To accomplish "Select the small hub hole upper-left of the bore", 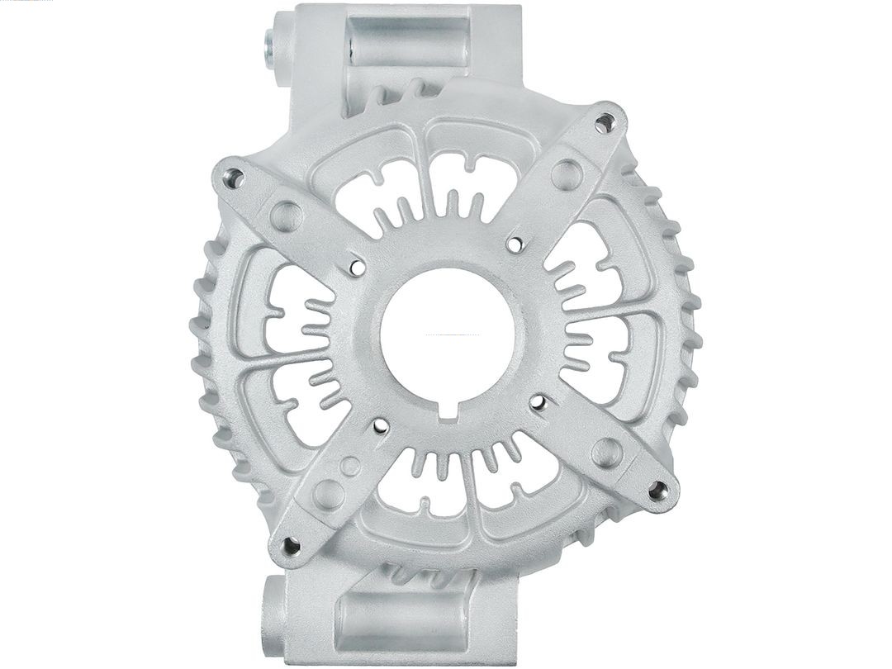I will click(358, 266).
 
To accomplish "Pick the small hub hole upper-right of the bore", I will click(515, 244).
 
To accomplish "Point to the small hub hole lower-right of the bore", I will click(538, 402).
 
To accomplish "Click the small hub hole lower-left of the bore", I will click(381, 426).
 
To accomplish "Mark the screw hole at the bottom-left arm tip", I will click(291, 545).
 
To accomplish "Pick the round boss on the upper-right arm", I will click(566, 174).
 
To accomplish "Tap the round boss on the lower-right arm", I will click(607, 452).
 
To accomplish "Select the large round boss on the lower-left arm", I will click(329, 494).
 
